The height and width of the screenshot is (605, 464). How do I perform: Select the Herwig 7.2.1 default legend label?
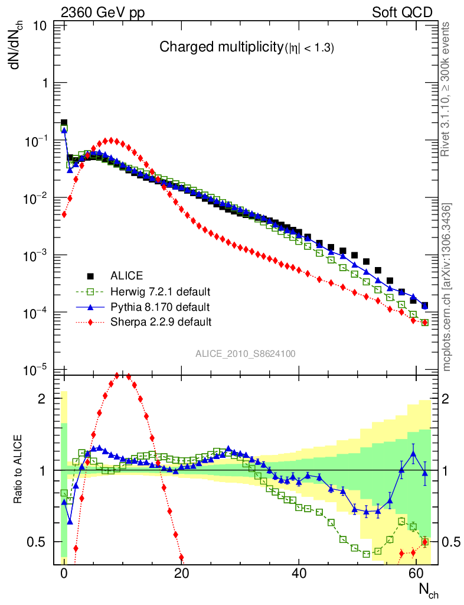coord(161,291)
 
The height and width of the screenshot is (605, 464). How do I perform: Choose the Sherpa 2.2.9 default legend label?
coord(161,322)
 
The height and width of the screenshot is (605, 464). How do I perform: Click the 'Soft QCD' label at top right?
coord(402,12)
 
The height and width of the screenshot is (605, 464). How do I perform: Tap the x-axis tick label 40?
coord(299,573)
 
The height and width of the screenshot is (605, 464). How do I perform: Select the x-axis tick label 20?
coord(182,573)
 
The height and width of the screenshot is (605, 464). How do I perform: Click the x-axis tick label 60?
coord(417,573)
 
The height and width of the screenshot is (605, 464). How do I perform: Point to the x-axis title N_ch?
coord(429,590)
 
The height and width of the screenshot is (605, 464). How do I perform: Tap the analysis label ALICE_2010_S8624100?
coord(246,354)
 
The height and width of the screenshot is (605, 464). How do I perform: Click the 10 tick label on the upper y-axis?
coord(41,26)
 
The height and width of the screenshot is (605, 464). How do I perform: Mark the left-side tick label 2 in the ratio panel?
coord(42,399)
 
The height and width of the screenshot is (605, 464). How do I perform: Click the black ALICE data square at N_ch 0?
coord(64,122)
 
